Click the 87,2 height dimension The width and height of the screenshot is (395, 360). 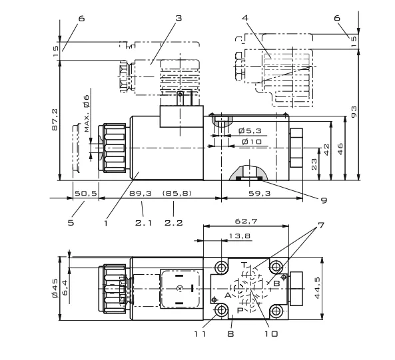(55, 119)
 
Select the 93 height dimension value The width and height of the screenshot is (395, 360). (354, 111)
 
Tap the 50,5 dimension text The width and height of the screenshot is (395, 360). (86, 193)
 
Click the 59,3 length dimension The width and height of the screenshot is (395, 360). (260, 193)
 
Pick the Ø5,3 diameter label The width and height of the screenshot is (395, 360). (250, 130)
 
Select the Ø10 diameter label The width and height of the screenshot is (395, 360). (252, 142)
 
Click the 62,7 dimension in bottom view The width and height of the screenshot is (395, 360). (246, 221)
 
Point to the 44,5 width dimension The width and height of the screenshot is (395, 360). (317, 287)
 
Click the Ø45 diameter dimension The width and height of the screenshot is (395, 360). (55, 288)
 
